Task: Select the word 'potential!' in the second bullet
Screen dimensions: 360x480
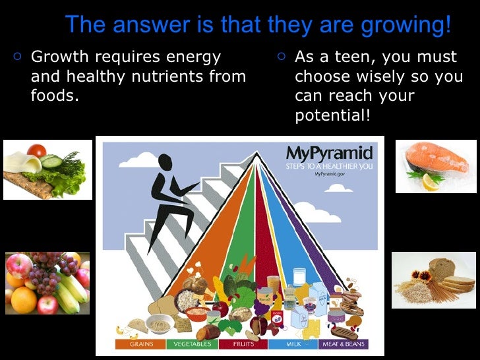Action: (333, 115)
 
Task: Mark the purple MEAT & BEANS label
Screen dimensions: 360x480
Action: (343, 344)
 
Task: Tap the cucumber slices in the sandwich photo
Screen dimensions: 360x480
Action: (51, 161)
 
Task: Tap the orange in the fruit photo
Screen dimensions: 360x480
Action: (24, 300)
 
